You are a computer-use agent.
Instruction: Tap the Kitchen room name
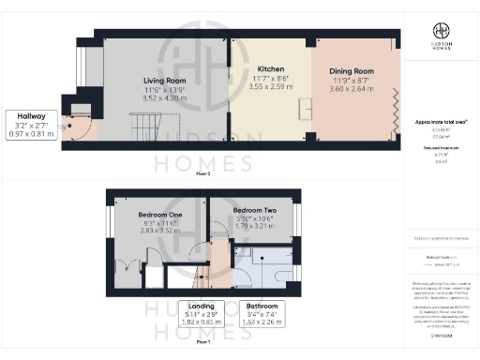pyautogui.click(x=270, y=69)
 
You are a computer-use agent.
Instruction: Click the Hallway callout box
pyautogui.click(x=31, y=125)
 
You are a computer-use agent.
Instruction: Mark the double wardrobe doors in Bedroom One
pyautogui.click(x=128, y=260)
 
